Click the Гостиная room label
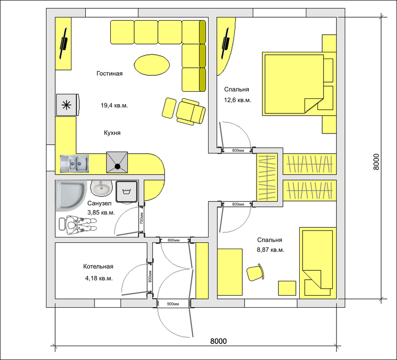(x=109, y=73)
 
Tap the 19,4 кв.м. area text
(x=114, y=106)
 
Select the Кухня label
(x=112, y=133)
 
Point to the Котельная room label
(x=98, y=266)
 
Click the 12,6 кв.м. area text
(x=237, y=100)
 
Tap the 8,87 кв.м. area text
(x=270, y=250)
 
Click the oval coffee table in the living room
(x=152, y=65)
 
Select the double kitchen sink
(x=74, y=164)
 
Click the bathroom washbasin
(x=101, y=188)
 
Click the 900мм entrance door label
(x=173, y=304)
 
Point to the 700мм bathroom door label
(x=141, y=218)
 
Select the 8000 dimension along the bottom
(x=219, y=341)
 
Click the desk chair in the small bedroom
(x=255, y=273)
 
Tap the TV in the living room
(x=64, y=43)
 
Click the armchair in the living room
(x=190, y=112)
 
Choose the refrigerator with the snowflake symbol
(x=68, y=105)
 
